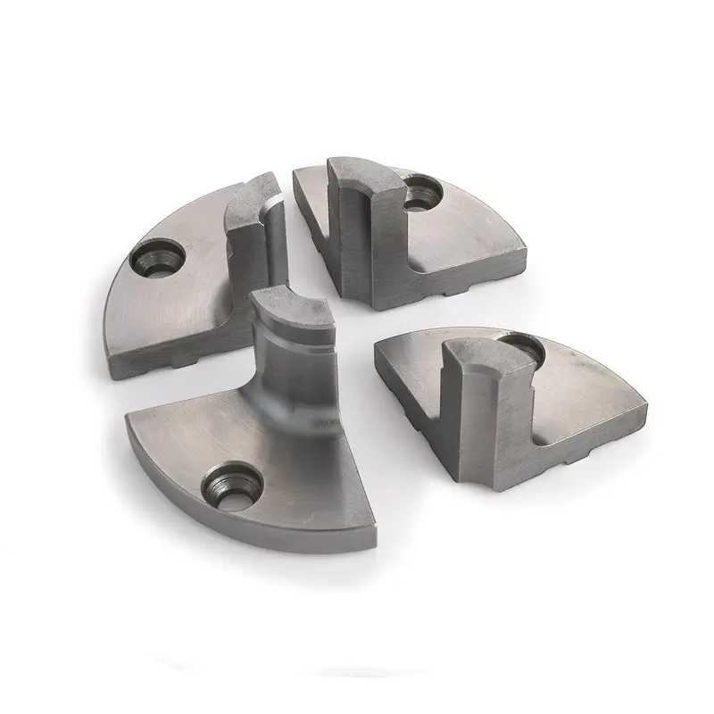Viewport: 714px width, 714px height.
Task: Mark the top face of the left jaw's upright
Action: (x=250, y=193)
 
